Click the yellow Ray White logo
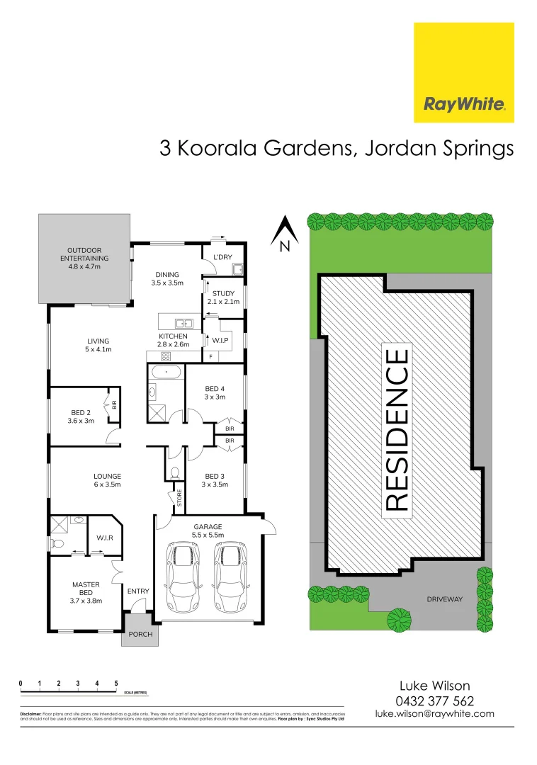pyautogui.click(x=463, y=72)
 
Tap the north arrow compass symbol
pyautogui.click(x=285, y=233)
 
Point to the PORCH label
pyautogui.click(x=140, y=634)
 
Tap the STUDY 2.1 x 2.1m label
pyautogui.click(x=223, y=297)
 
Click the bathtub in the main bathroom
pyautogui.click(x=166, y=371)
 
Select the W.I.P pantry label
pyautogui.click(x=220, y=340)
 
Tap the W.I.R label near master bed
pyautogui.click(x=105, y=538)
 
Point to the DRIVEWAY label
pyautogui.click(x=444, y=599)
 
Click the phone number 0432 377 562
pyautogui.click(x=435, y=701)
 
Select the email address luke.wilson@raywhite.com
pyautogui.click(x=435, y=714)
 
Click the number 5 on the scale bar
pyautogui.click(x=116, y=684)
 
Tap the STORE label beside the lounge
pyautogui.click(x=179, y=499)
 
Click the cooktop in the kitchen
pyautogui.click(x=167, y=356)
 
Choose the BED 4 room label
pyautogui.click(x=215, y=392)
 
